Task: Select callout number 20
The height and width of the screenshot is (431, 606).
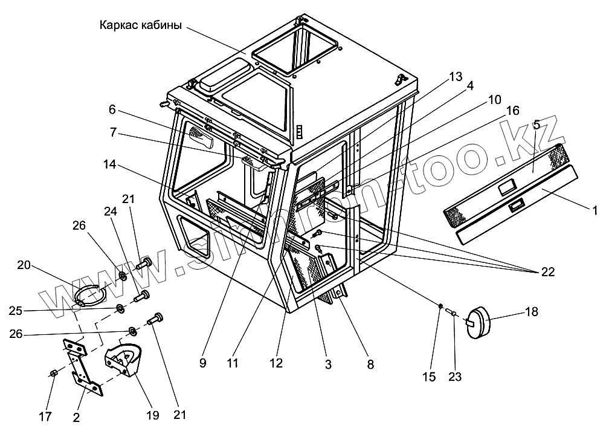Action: (24, 264)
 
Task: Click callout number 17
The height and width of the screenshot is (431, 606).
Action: (44, 416)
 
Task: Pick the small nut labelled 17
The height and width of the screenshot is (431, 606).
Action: (53, 374)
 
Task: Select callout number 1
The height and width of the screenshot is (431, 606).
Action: (595, 211)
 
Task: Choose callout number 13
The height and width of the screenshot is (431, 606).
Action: (455, 77)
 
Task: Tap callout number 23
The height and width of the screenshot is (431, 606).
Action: (455, 377)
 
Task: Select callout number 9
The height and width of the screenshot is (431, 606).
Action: (202, 364)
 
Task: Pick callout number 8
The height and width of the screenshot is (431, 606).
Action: (370, 365)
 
